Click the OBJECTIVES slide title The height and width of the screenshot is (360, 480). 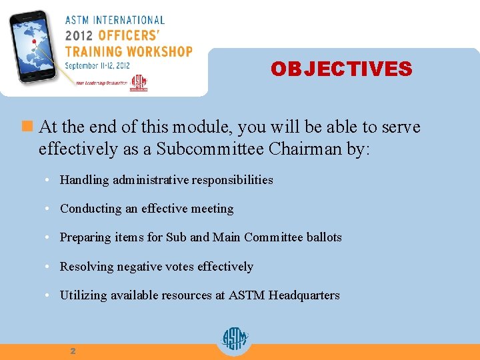pos(341,69)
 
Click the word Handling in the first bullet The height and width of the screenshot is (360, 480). pos(85,179)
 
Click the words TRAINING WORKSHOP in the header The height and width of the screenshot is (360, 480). pos(128,51)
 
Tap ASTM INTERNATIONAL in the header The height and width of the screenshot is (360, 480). pos(115,20)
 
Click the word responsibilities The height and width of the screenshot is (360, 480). pos(231,179)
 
